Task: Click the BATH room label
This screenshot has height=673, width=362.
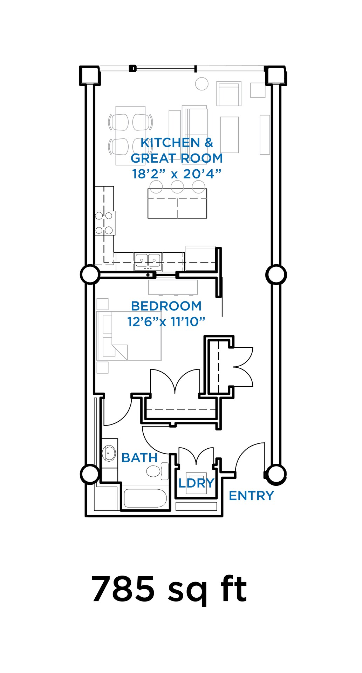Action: click(139, 458)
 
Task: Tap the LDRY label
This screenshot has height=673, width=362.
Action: click(196, 483)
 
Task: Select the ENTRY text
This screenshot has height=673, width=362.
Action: click(251, 496)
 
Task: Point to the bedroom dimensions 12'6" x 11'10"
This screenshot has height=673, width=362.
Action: click(166, 321)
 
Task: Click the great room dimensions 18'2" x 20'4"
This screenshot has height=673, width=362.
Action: click(177, 174)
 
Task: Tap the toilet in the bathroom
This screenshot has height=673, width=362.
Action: click(153, 471)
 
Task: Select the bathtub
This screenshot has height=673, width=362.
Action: click(145, 498)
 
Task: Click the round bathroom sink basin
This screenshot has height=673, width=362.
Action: click(109, 453)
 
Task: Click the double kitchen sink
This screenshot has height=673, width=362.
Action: click(148, 260)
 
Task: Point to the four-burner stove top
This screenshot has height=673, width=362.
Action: click(104, 223)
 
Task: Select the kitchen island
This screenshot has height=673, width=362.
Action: click(177, 204)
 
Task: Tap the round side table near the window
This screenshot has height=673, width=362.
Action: click(202, 84)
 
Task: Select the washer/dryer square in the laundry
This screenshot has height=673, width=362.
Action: click(196, 486)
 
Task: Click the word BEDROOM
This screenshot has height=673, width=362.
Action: click(166, 306)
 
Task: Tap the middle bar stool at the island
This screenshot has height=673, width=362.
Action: click(177, 187)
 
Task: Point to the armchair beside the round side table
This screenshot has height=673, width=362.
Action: click(229, 94)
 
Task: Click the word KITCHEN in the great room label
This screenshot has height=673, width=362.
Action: click(170, 143)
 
